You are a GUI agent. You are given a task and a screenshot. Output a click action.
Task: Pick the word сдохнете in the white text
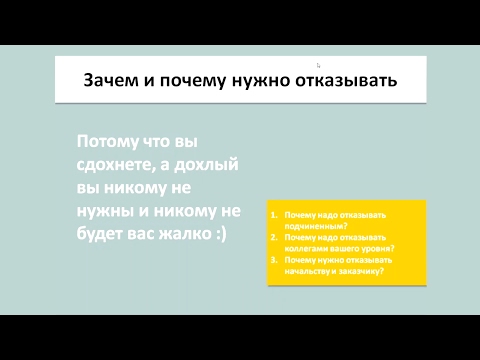116,163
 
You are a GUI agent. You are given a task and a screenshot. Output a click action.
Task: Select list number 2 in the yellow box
273,237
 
